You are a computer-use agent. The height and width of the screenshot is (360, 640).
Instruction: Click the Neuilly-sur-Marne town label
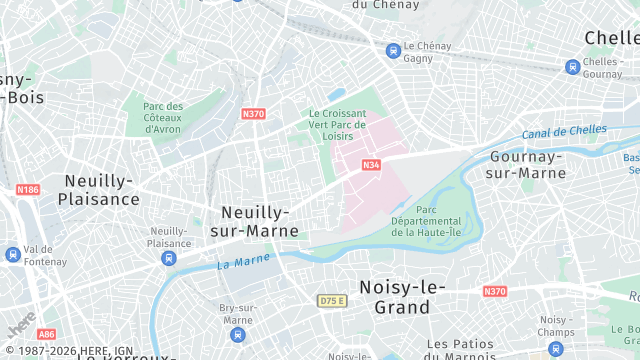point(254,221)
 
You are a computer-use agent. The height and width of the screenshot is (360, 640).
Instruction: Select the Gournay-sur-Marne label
point(528,165)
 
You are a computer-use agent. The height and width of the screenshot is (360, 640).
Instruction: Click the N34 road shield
point(371,165)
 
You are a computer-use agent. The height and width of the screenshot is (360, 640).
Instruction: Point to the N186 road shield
point(27,189)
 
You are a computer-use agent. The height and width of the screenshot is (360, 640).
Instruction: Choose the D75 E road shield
point(332,300)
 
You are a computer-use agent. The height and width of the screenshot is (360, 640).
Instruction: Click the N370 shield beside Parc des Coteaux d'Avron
point(253,114)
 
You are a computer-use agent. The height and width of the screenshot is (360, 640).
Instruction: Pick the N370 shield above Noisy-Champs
point(494,291)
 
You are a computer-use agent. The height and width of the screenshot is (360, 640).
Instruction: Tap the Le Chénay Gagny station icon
point(394,49)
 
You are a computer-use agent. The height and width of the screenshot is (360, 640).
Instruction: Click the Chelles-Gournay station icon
point(572,67)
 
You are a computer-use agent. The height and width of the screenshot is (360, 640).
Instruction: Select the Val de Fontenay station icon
point(12,255)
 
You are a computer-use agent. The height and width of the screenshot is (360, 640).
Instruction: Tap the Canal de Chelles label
point(564,131)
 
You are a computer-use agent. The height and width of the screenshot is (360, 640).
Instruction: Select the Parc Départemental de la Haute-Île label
point(426,221)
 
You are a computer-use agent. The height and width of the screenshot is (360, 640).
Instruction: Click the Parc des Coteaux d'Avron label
point(162,117)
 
